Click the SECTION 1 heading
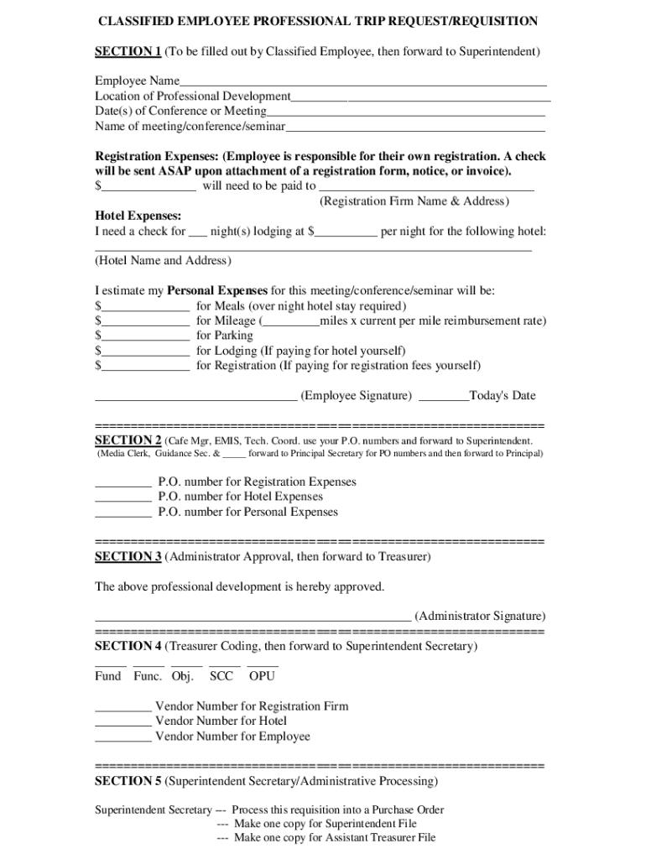tap(128, 52)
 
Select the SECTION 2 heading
tap(128, 440)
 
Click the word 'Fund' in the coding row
tap(108, 676)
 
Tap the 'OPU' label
tap(262, 676)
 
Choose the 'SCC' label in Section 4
tap(221, 676)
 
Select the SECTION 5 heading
tap(128, 781)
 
